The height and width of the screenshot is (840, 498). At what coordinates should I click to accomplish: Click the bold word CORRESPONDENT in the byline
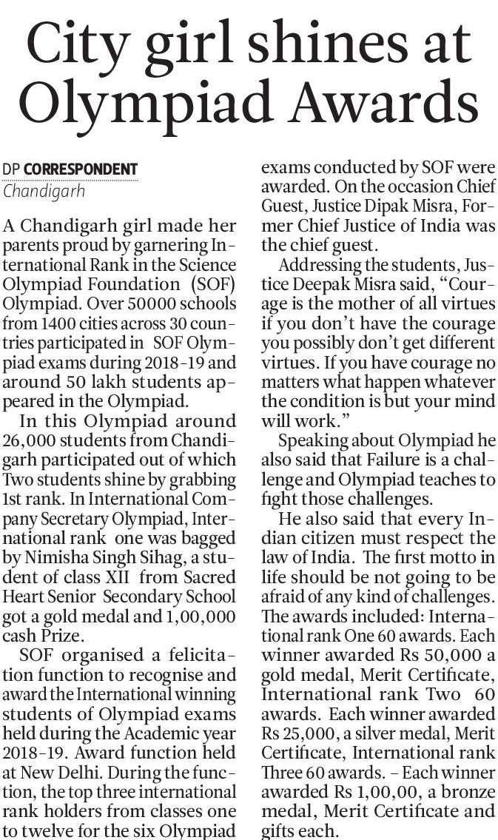(81, 169)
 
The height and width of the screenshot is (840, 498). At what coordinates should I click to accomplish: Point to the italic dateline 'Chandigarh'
(44, 190)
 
